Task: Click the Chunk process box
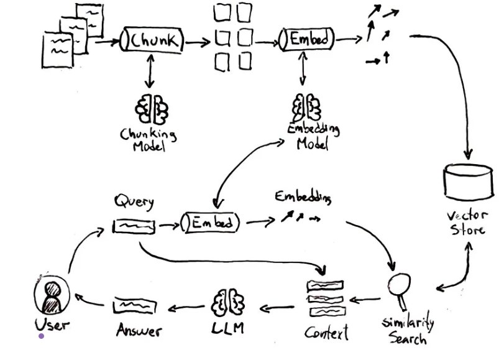[152, 39]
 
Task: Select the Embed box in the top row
[307, 39]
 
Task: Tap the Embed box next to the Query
[211, 223]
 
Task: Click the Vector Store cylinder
[468, 182]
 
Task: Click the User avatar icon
[52, 295]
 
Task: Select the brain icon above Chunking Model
[152, 109]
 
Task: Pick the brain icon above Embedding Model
[306, 108]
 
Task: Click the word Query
[134, 202]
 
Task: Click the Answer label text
[139, 330]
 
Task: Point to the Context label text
[326, 333]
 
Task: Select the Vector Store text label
[467, 223]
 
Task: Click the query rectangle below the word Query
[134, 226]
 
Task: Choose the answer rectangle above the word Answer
[135, 306]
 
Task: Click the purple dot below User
[41, 336]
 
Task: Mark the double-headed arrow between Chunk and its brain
[150, 71]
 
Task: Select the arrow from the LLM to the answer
[186, 308]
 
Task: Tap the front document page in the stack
[58, 50]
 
